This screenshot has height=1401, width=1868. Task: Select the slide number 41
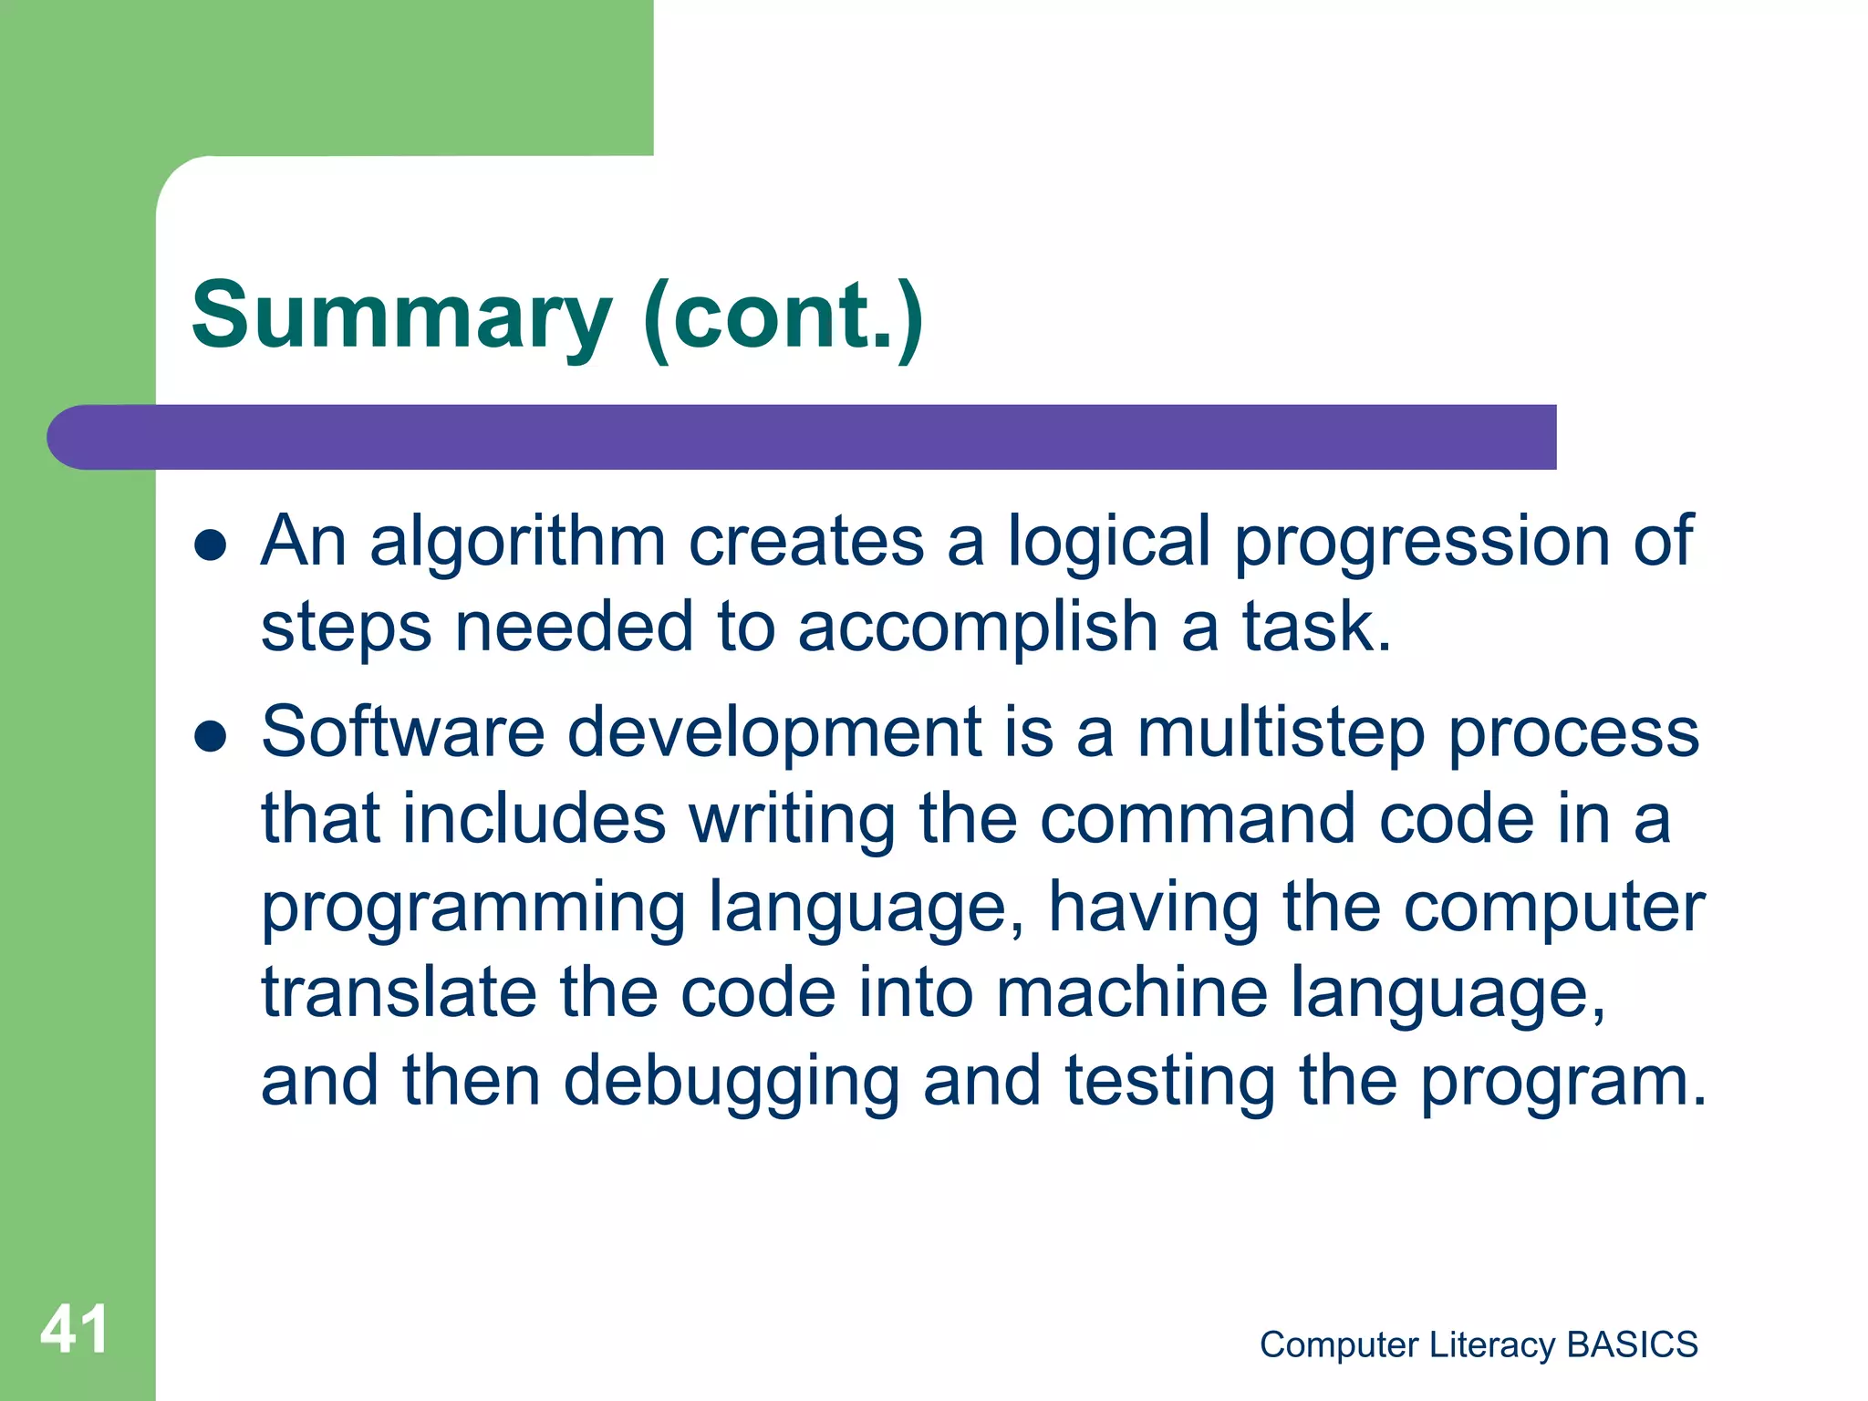point(75,1329)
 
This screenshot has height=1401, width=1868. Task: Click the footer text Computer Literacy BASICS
point(1479,1344)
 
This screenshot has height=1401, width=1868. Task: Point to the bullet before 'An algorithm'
point(211,545)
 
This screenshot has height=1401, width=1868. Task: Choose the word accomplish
point(978,628)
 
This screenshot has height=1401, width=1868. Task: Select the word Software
point(402,732)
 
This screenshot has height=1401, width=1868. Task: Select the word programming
point(473,909)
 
